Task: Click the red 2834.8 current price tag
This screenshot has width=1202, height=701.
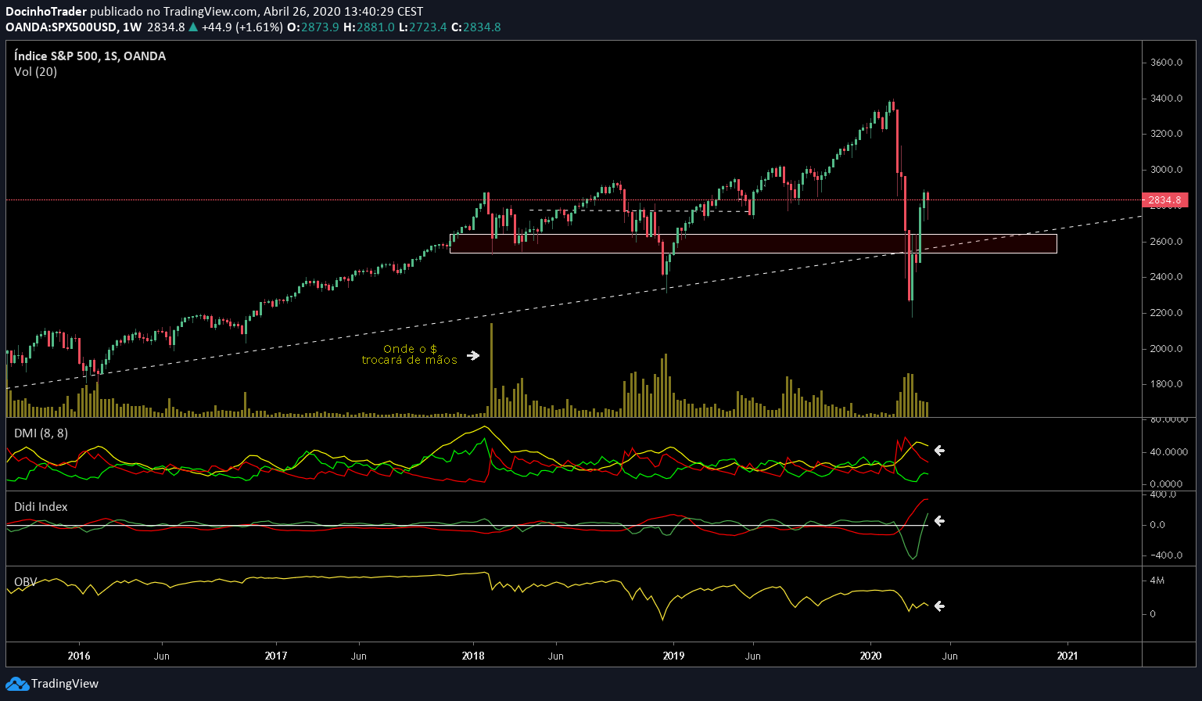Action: [1164, 200]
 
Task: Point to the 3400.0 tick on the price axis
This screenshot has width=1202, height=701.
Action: [1165, 99]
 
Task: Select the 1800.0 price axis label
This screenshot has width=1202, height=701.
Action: [1165, 384]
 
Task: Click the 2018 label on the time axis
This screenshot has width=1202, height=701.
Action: [472, 656]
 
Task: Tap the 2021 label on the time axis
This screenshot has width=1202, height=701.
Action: [1067, 656]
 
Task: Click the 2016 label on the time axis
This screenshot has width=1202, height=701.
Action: [79, 656]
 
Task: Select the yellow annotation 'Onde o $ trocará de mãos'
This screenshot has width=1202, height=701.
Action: [409, 354]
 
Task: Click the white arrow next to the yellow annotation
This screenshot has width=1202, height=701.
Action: [473, 355]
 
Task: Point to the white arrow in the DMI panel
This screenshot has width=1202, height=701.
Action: [939, 450]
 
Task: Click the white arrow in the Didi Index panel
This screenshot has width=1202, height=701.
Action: [939, 520]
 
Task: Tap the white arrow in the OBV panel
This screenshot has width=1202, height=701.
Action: [939, 606]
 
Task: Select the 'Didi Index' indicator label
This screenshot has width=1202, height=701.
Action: [41, 507]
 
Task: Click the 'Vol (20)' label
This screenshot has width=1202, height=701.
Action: [35, 72]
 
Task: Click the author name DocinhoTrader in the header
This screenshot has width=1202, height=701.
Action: [46, 12]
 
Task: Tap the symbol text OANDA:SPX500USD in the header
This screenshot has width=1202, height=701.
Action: [62, 27]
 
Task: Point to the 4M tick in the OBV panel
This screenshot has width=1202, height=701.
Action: [1157, 581]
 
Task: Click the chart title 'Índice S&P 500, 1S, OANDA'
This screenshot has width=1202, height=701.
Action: [90, 56]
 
